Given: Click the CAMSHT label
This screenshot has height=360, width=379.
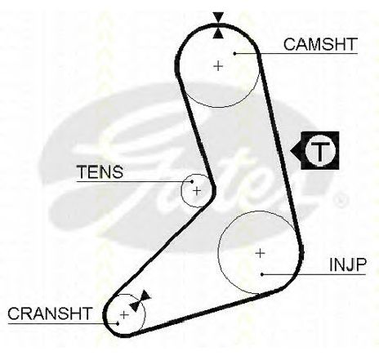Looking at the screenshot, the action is [x=320, y=44].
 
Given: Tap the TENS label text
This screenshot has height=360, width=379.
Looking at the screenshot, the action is [x=100, y=172].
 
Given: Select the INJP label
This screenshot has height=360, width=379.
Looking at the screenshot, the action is [x=348, y=264].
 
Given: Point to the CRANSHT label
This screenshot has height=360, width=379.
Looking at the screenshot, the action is [x=50, y=313].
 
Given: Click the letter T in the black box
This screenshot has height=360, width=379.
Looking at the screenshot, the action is [x=319, y=150].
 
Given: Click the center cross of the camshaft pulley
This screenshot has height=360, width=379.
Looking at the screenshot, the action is [x=218, y=66].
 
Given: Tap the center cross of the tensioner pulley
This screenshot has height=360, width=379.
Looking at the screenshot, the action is [x=197, y=191].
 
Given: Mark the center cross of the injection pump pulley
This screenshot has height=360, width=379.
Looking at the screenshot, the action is [x=261, y=253].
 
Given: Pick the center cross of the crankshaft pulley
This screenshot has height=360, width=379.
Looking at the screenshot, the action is [x=124, y=315].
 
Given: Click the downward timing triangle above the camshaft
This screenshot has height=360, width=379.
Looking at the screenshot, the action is [x=218, y=18].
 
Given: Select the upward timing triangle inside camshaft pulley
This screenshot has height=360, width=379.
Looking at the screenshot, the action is [x=218, y=33].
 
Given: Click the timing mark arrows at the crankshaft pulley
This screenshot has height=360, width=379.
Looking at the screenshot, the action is [x=140, y=301].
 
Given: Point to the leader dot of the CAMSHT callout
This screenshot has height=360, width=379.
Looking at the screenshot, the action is [x=234, y=53].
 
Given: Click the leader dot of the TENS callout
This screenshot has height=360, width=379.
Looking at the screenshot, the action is [x=192, y=181].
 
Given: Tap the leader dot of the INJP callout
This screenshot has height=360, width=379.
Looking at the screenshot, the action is [x=262, y=274].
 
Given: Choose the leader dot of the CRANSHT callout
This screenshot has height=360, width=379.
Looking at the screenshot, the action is [x=118, y=323].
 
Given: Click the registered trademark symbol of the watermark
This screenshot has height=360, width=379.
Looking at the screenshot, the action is [x=341, y=200].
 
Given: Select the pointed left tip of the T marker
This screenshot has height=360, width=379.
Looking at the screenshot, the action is [x=291, y=150].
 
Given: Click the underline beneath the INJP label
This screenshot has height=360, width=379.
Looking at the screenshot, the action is [x=314, y=274].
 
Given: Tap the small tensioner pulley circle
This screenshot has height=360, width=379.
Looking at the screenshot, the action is [x=181, y=191].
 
